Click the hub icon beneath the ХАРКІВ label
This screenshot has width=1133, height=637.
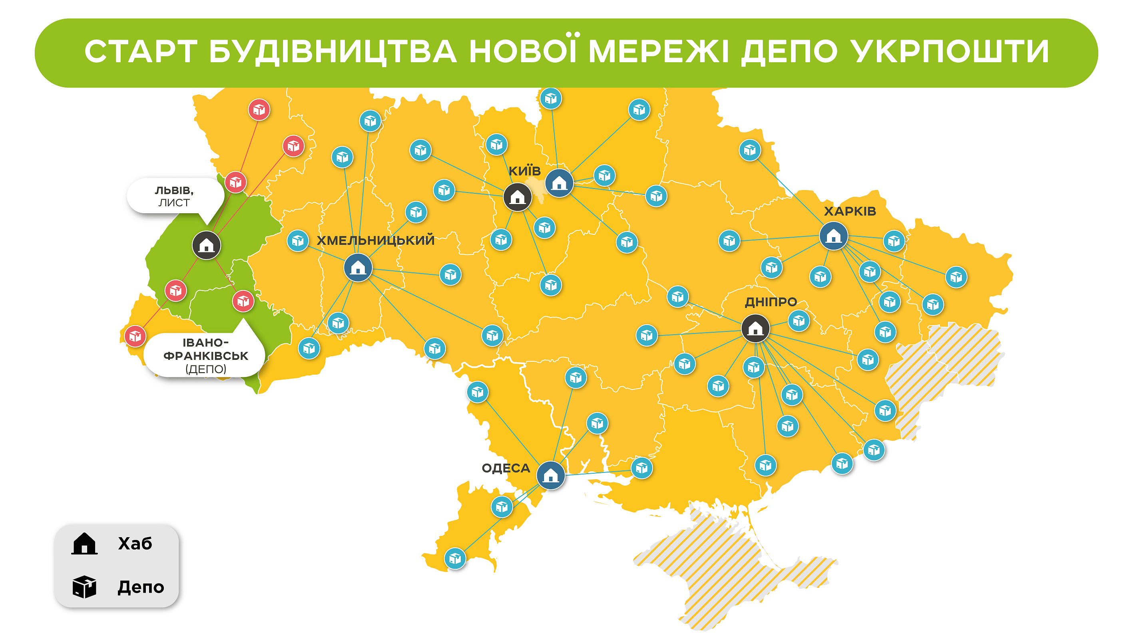833,236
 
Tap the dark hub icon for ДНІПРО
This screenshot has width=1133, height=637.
755,328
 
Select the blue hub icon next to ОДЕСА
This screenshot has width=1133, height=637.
550,475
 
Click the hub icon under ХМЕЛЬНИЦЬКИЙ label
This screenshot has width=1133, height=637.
358,267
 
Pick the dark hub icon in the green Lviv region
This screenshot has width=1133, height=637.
206,245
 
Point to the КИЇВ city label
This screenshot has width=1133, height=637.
524,171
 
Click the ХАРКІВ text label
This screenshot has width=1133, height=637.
849,211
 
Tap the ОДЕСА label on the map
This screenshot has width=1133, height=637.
506,468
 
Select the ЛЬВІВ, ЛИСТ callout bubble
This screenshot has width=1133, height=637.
174,196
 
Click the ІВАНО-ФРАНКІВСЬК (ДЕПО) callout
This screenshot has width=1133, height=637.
205,355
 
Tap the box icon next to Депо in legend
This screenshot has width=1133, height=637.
84,587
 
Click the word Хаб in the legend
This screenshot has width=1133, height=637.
135,544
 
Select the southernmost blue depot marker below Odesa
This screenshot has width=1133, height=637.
455,558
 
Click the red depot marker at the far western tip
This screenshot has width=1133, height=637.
135,336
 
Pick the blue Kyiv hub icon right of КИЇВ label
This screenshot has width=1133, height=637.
559,183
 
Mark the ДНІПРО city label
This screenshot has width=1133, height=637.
770,302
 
